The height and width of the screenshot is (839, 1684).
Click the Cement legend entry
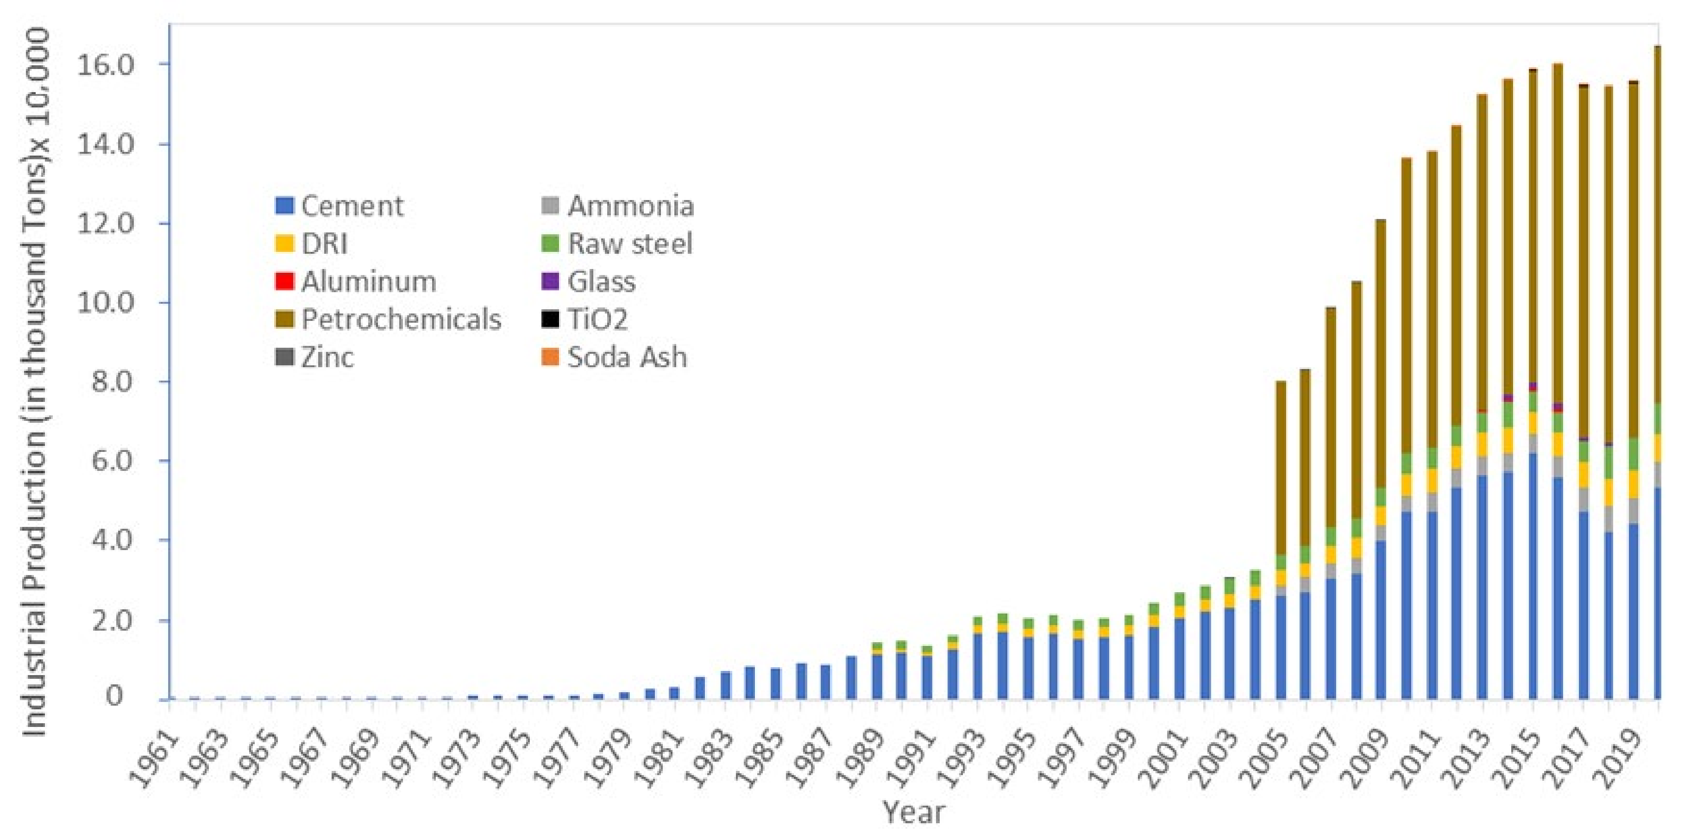(340, 207)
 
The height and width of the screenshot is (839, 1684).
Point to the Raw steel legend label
(629, 244)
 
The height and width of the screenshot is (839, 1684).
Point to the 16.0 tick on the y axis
(105, 65)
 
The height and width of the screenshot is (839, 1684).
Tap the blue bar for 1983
(725, 685)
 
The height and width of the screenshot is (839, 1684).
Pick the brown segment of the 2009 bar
(1381, 353)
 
